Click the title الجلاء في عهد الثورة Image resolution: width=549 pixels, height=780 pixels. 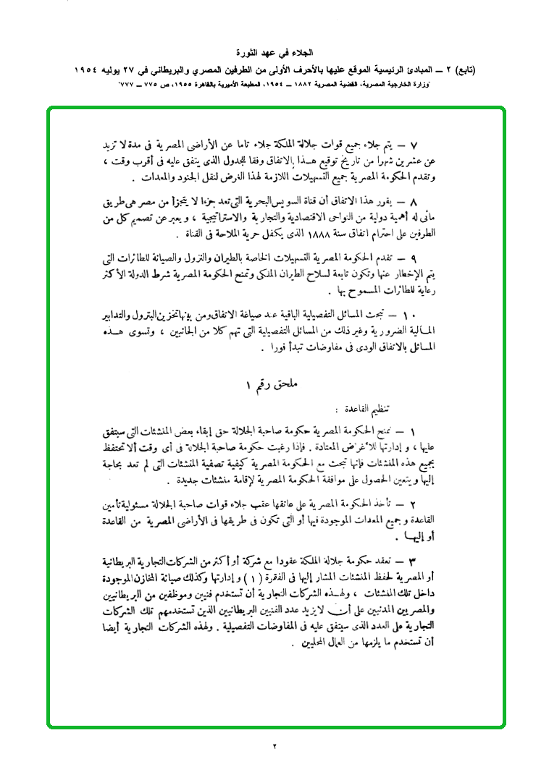274,54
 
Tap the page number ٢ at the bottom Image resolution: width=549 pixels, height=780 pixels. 274,746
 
